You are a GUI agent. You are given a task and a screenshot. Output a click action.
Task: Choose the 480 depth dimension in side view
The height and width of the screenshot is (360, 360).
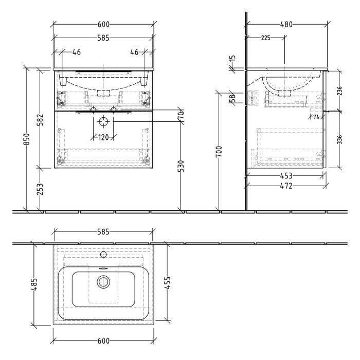(286, 24)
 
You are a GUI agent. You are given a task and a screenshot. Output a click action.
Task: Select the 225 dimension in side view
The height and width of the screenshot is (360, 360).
(265, 38)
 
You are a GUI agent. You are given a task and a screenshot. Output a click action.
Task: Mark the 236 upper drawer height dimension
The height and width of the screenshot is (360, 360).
(340, 91)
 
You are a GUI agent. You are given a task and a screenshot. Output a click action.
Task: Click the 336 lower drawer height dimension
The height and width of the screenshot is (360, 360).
(340, 139)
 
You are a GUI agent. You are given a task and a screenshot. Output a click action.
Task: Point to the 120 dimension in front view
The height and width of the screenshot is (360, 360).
(103, 137)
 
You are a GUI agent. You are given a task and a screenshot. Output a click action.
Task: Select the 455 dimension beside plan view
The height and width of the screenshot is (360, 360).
(168, 282)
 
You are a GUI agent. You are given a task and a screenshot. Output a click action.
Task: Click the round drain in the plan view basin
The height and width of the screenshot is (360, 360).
(104, 281)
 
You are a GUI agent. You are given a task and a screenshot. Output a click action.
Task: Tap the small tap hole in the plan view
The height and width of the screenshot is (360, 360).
(103, 254)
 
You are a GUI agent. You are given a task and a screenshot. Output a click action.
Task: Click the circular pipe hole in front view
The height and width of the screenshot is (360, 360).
(103, 121)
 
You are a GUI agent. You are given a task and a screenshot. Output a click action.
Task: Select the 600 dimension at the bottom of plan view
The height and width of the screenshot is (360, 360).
(103, 340)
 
